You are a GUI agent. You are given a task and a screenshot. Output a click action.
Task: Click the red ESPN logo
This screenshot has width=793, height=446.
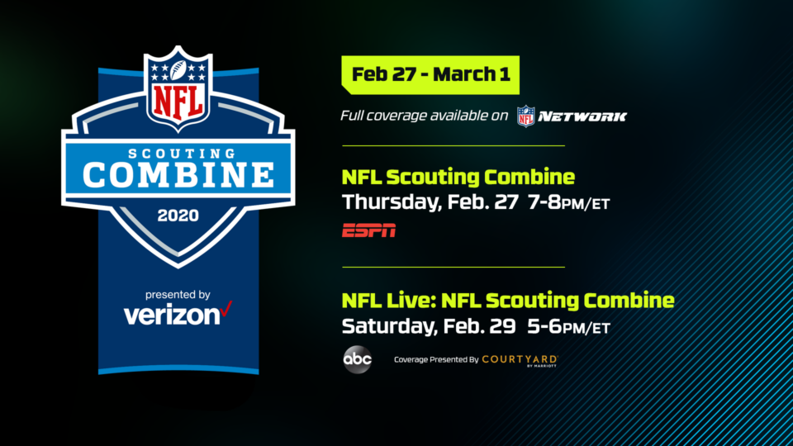point(368,230)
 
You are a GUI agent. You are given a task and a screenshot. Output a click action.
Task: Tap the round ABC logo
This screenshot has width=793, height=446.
point(358,359)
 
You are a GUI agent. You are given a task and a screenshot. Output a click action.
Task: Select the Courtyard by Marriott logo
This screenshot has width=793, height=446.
point(520,361)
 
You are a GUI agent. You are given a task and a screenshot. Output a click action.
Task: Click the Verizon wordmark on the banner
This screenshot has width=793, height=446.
point(172,315)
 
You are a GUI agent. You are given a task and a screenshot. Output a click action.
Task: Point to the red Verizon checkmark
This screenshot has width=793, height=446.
point(226,308)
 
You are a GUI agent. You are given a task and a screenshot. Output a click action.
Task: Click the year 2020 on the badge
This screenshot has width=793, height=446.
point(178,216)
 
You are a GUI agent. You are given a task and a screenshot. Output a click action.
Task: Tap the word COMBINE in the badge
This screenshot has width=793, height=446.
point(178,175)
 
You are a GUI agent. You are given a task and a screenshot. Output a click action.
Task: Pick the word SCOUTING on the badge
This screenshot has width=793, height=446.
point(182,154)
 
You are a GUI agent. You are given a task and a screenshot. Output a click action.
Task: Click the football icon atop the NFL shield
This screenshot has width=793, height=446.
point(178,70)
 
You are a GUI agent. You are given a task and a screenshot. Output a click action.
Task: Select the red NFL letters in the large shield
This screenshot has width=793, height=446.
point(178,101)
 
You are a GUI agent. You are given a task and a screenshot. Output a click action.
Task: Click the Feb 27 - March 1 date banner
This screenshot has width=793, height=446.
point(430,75)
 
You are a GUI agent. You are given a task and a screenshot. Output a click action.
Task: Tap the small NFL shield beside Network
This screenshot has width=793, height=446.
point(525,116)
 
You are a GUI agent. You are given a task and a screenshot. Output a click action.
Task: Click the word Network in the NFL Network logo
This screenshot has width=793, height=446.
point(582,116)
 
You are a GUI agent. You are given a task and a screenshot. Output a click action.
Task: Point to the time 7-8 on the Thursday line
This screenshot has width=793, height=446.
point(544,202)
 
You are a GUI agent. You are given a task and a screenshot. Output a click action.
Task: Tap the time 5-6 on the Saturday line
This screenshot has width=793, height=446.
point(544,326)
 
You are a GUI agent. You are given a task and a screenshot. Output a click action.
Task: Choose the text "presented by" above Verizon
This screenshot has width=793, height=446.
point(178,295)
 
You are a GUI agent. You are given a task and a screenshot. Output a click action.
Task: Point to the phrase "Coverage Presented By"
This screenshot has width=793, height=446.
point(436,359)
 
